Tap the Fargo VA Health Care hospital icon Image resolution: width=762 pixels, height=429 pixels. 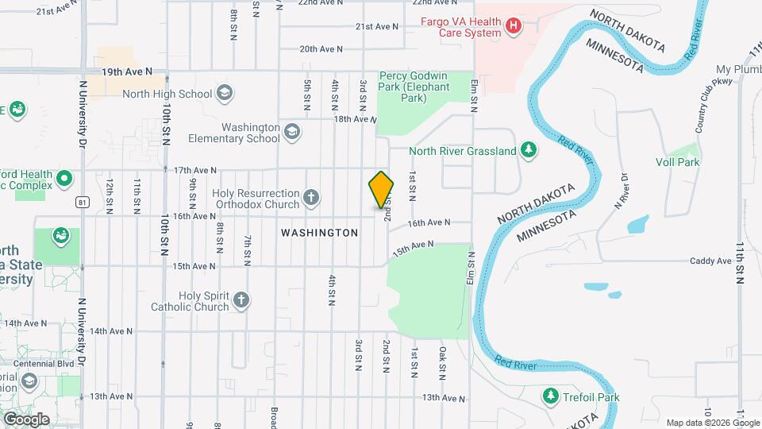click(514, 27)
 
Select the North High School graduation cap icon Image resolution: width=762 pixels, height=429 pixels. click(225, 94)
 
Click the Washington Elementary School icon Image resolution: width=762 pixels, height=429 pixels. click(292, 132)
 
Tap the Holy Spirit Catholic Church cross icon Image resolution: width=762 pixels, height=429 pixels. click(241, 300)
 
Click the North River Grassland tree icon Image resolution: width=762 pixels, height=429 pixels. click(528, 150)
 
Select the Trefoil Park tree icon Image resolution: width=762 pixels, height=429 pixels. click(550, 395)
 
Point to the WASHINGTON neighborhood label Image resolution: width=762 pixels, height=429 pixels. click(319, 233)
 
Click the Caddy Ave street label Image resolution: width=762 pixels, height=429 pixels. click(710, 261)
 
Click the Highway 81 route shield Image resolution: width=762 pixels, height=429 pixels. click(83, 203)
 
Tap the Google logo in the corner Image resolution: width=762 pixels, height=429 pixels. click(25, 419)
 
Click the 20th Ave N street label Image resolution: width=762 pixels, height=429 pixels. click(321, 48)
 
